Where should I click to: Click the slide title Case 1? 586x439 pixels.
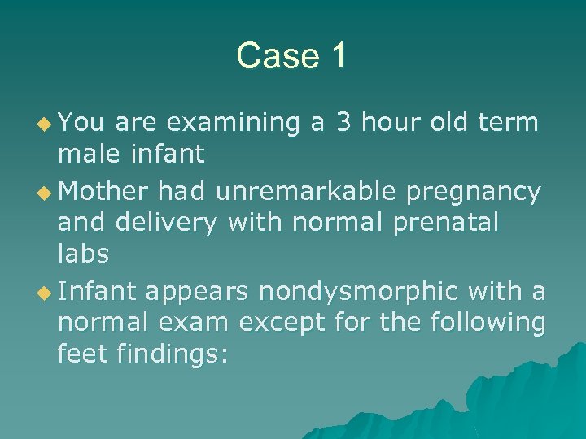pos(291,56)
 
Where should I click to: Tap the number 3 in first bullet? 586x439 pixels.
pos(343,123)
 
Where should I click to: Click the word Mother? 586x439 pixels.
pos(104,192)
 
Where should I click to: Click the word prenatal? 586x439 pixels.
pos(446,222)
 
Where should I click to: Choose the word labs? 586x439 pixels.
pos(83,253)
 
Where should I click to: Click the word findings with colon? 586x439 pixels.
pos(179,355)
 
